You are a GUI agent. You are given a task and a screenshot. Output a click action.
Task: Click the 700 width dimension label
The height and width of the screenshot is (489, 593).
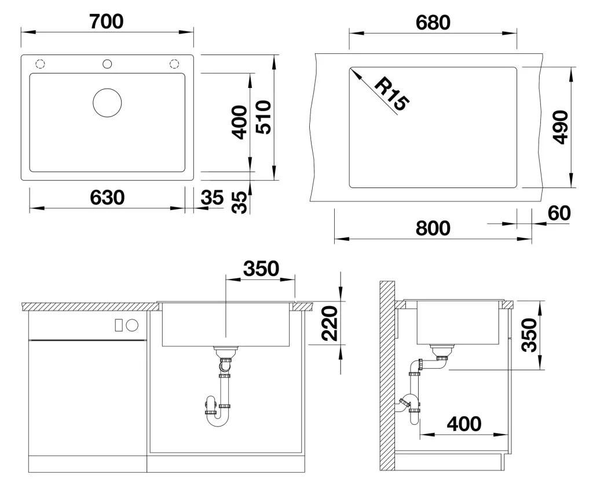[107, 21]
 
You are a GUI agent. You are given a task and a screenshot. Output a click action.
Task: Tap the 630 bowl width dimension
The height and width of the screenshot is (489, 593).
[107, 197]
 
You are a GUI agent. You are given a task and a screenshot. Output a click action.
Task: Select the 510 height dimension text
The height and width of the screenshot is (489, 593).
[263, 117]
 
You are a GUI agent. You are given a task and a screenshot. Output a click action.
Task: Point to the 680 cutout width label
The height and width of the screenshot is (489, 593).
[433, 23]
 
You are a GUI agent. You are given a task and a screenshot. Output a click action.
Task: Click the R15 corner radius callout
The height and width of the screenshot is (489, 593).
[392, 94]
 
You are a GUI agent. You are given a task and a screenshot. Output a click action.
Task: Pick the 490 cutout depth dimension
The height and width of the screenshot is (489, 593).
[560, 127]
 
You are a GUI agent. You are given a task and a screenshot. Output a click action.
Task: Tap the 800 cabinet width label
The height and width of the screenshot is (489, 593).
[433, 228]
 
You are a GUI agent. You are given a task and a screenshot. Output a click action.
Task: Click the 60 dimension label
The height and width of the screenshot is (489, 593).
[559, 213]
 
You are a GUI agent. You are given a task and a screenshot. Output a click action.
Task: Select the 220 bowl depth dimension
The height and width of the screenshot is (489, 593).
[329, 323]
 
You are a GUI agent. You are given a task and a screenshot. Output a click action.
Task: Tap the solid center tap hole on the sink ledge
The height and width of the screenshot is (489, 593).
[107, 64]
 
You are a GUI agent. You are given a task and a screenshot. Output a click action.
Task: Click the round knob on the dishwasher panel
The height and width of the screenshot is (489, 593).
[133, 325]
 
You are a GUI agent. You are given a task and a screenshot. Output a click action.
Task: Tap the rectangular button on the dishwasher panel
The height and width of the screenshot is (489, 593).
[119, 325]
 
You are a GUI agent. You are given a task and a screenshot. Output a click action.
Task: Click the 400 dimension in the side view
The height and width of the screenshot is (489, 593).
[464, 424]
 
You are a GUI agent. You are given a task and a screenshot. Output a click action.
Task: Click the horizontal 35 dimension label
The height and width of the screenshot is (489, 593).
[212, 197]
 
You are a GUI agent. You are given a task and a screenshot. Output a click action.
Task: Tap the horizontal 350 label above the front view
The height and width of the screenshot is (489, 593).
[261, 269]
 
